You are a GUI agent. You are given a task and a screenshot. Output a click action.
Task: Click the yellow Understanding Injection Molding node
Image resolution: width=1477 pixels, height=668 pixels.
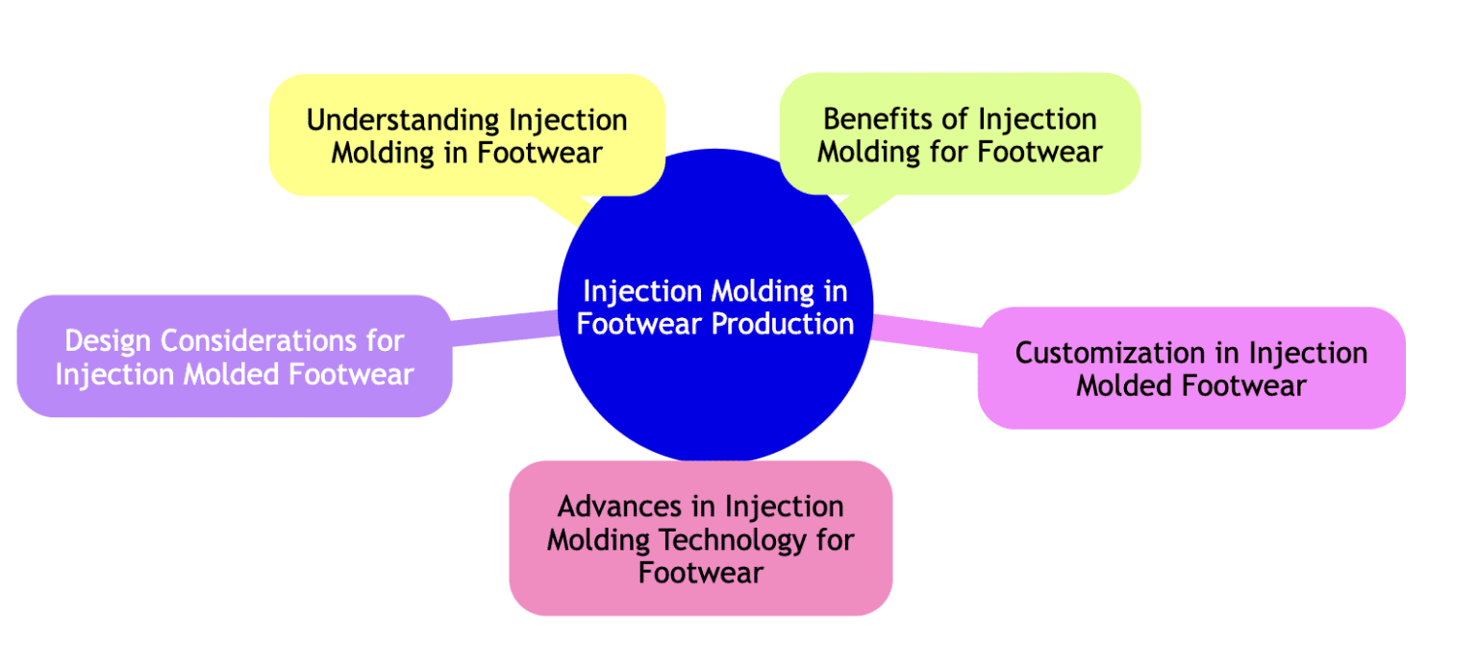pyautogui.click(x=466, y=135)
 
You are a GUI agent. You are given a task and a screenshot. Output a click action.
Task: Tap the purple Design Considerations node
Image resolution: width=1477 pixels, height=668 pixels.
pyautogui.click(x=234, y=356)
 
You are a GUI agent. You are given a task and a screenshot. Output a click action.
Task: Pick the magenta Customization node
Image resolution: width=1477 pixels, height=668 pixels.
pyautogui.click(x=1191, y=368)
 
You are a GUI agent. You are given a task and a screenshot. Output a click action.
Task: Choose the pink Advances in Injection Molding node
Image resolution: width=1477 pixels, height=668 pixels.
pyautogui.click(x=700, y=538)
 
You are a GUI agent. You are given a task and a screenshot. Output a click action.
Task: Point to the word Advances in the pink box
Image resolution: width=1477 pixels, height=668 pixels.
pyautogui.click(x=618, y=506)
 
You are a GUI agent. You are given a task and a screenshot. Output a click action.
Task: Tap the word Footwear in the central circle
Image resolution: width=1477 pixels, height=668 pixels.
pyautogui.click(x=640, y=324)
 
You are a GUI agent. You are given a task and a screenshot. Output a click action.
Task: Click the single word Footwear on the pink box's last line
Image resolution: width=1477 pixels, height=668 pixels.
pyautogui.click(x=700, y=573)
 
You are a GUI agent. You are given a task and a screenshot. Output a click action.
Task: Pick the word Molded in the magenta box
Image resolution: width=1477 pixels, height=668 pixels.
pyautogui.click(x=1126, y=385)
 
